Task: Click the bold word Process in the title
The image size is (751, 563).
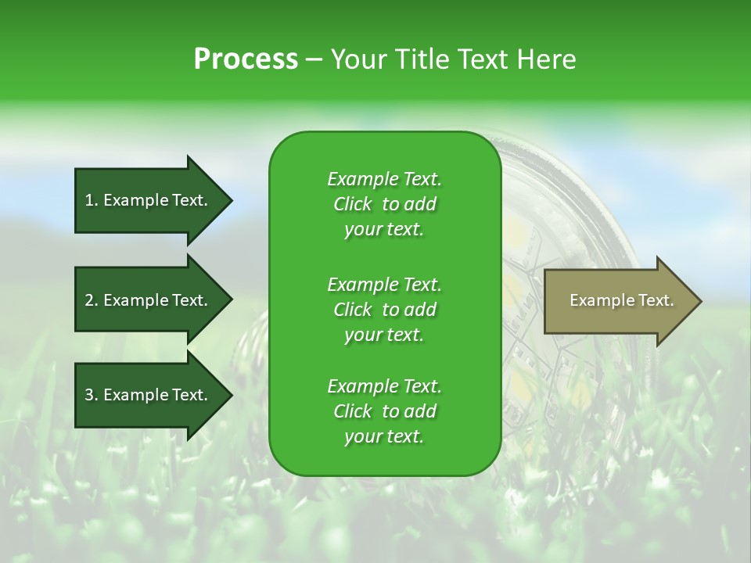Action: pos(246,59)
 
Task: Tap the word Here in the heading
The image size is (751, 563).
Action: pos(546,59)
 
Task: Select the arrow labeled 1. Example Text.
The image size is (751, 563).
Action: pos(149,200)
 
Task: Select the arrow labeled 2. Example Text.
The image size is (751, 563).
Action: pos(149,300)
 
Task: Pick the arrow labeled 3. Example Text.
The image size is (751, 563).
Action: pos(149,395)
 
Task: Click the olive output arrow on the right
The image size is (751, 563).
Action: pos(618,301)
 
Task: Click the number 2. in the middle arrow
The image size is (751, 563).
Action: pos(92,300)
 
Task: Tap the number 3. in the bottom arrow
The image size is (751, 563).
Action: pos(92,395)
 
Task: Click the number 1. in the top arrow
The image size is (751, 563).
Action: pos(92,200)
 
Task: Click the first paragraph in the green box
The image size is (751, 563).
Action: pos(384,204)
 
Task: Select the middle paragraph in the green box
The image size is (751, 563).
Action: pos(384,309)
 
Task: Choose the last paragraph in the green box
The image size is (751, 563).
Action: pos(384,411)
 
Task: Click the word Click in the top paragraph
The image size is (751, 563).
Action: pos(352,204)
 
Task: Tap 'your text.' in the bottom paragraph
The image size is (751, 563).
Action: pos(384,437)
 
